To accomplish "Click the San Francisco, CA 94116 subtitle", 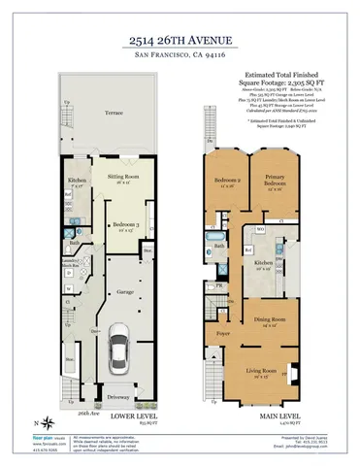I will click(180, 58).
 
